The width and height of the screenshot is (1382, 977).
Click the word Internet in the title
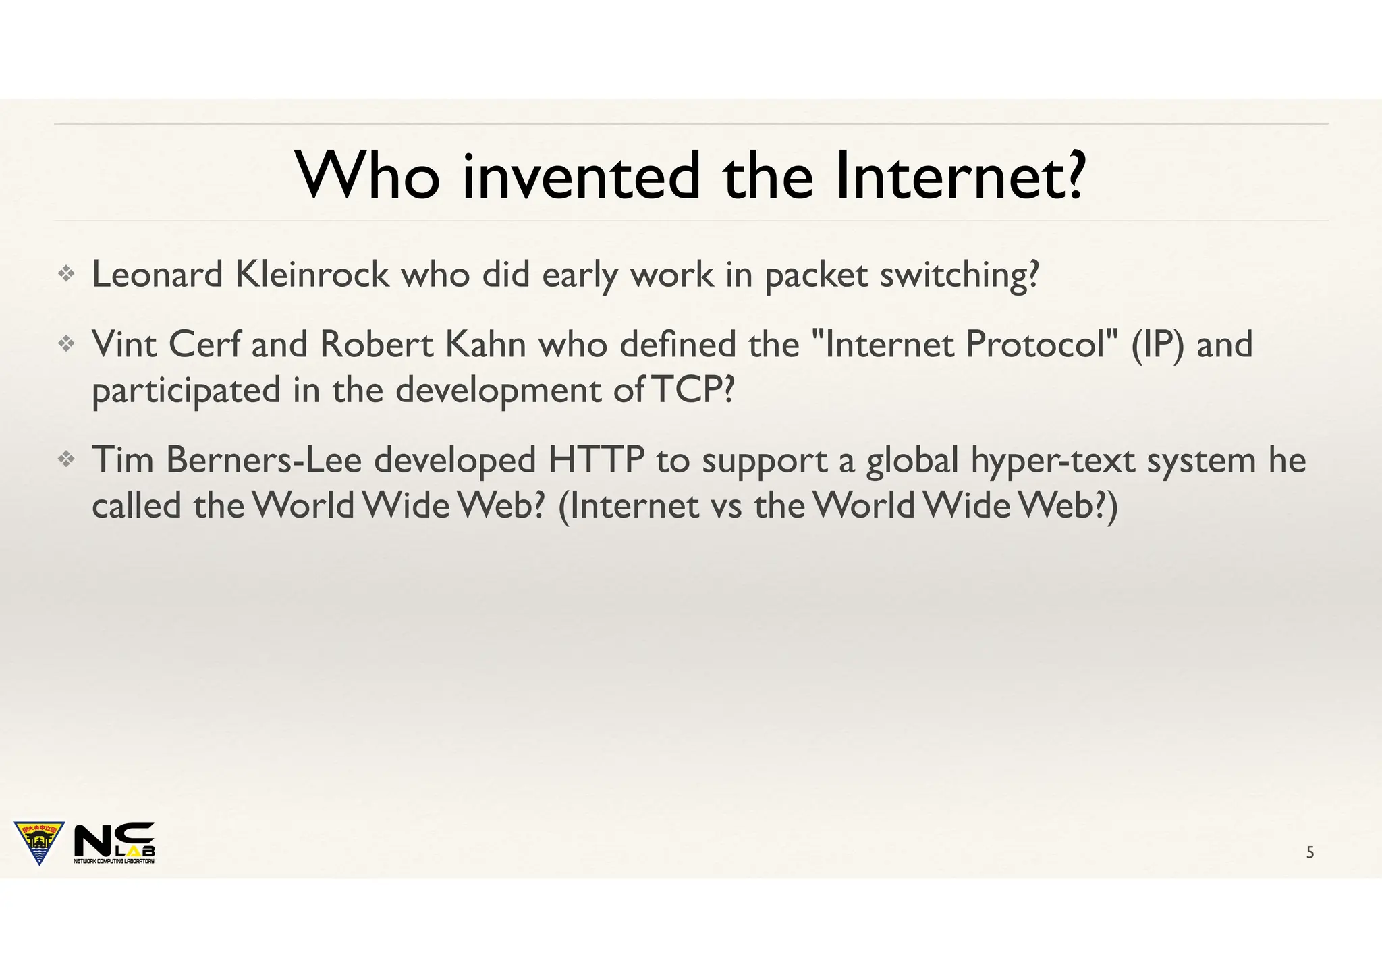958,176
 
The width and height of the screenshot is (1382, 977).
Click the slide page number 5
1310,853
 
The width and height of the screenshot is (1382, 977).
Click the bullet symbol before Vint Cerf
66,345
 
